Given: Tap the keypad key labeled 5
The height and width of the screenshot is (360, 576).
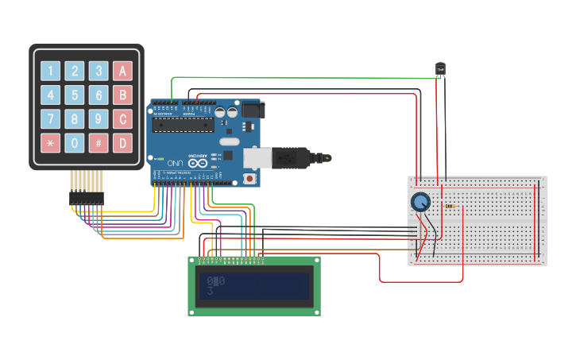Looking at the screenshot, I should pyautogui.click(x=75, y=95).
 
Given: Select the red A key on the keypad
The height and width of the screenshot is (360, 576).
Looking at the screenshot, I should pyautogui.click(x=122, y=71).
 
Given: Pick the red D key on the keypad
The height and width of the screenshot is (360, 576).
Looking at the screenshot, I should pyautogui.click(x=122, y=144).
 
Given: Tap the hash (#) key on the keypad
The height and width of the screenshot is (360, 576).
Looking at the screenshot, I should pyautogui.click(x=99, y=144).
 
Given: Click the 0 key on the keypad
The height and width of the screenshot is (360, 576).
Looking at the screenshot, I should pyautogui.click(x=75, y=144).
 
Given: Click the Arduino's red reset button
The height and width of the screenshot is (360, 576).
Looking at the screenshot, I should pyautogui.click(x=251, y=179).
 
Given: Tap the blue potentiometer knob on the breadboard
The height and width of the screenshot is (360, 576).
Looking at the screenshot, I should pyautogui.click(x=420, y=203).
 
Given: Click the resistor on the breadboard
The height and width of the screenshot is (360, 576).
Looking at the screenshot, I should pyautogui.click(x=451, y=206).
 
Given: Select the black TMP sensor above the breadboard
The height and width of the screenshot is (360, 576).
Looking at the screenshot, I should pyautogui.click(x=440, y=70).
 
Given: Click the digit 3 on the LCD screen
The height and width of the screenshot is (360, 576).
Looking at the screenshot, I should pyautogui.click(x=211, y=292).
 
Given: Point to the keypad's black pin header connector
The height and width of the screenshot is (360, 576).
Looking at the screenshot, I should pyautogui.click(x=86, y=196).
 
